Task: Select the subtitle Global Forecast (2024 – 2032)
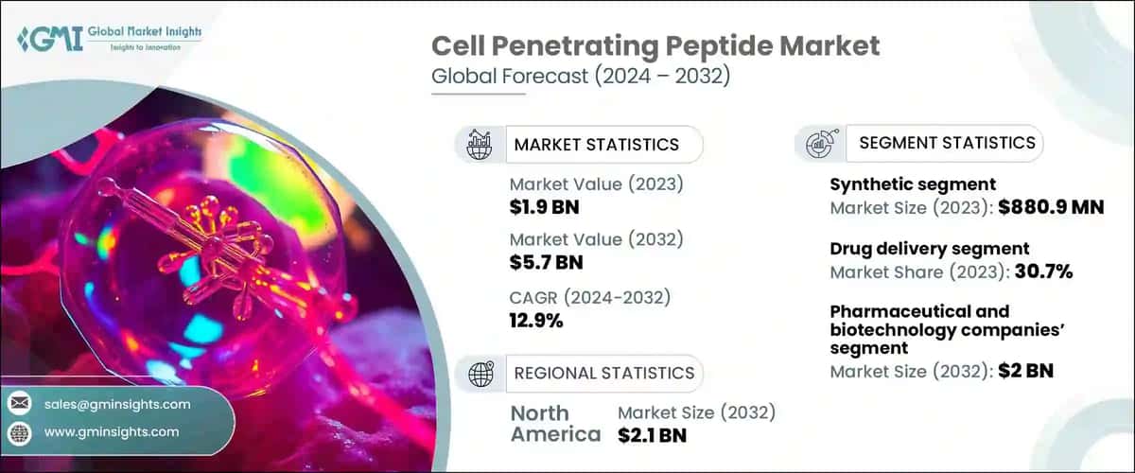[x=580, y=78]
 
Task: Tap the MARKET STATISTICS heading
[x=596, y=145]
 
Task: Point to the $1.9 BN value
[x=539, y=205]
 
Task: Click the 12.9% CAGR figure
[x=536, y=321]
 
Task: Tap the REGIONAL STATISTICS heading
[x=603, y=373]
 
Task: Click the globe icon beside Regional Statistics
[x=480, y=373]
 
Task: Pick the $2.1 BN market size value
[x=652, y=435]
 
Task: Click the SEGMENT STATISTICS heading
[x=947, y=143]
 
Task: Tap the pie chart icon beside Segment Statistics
[x=819, y=143]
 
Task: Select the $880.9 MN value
[x=1050, y=206]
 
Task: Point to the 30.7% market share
[x=1045, y=272]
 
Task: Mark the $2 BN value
[x=1026, y=371]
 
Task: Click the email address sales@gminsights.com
[x=117, y=404]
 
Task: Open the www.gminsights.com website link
[x=111, y=432]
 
